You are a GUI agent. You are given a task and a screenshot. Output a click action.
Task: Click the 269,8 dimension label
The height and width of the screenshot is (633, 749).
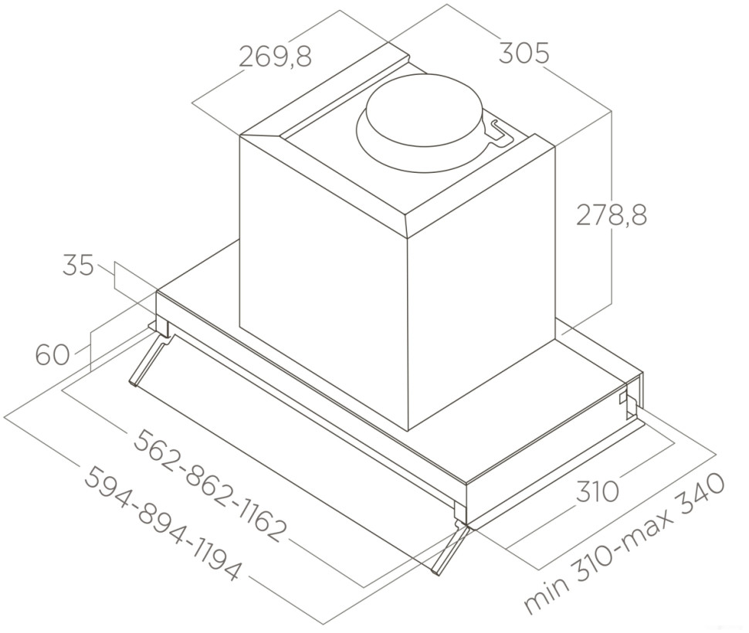click(275, 56)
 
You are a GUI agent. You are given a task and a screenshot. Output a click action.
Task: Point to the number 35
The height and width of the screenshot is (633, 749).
click(78, 266)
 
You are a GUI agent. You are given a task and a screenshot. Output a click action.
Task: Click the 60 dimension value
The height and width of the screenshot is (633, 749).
click(53, 355)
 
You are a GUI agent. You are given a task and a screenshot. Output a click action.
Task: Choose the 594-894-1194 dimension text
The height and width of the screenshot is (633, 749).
click(163, 524)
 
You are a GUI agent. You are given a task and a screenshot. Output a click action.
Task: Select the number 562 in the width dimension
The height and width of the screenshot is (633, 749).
click(158, 450)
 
